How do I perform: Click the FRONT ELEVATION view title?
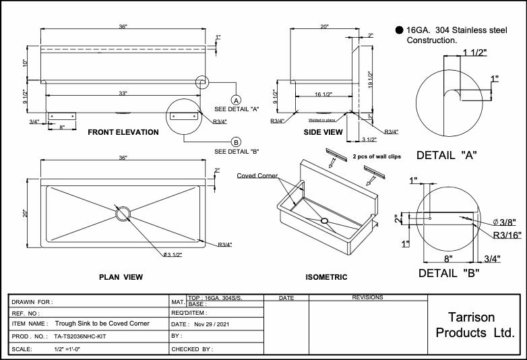[123, 132]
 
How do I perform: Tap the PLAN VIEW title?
[121, 277]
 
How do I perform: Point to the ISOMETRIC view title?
[326, 277]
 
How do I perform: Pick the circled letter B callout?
[237, 142]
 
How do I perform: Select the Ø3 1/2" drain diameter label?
[172, 254]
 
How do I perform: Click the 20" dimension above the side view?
[324, 27]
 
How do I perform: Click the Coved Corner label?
[257, 175]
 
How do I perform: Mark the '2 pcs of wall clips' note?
[376, 156]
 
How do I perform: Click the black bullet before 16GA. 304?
[399, 30]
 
